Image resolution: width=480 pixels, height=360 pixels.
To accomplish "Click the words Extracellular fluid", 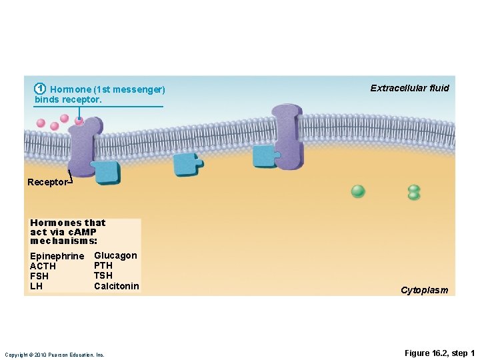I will pyautogui.click(x=409, y=88).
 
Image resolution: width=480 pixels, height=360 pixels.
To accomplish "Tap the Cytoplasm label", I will pyautogui.click(x=424, y=290).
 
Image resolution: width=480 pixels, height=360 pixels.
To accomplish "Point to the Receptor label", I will pyautogui.click(x=47, y=182).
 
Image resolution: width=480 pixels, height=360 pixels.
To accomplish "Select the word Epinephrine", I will pyautogui.click(x=57, y=257).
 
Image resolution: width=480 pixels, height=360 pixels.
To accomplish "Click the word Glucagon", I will pyautogui.click(x=115, y=255).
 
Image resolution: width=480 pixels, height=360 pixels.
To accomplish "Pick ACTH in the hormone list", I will pyautogui.click(x=43, y=267).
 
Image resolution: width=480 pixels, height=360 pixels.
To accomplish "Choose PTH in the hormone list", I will pyautogui.click(x=103, y=265).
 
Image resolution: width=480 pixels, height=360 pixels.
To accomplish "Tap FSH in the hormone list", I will pyautogui.click(x=39, y=276).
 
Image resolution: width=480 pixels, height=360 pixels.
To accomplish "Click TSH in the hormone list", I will pyautogui.click(x=103, y=275).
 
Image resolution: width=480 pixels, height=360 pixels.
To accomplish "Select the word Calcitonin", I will pyautogui.click(x=117, y=286).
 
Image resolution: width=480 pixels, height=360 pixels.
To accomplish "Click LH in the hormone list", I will pyautogui.click(x=36, y=286).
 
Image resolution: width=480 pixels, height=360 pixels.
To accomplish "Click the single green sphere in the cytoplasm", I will pyautogui.click(x=358, y=191).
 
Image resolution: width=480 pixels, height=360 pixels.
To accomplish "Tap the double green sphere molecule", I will pyautogui.click(x=414, y=193).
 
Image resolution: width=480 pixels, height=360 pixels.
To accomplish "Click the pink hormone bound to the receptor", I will pyautogui.click(x=79, y=121).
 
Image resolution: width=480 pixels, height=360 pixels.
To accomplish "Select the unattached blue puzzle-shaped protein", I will pyautogui.click(x=187, y=164).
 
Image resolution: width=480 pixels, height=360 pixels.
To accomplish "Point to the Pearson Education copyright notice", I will pyautogui.click(x=55, y=355).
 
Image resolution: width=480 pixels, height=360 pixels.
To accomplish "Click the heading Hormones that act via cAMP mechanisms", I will pyautogui.click(x=67, y=231).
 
